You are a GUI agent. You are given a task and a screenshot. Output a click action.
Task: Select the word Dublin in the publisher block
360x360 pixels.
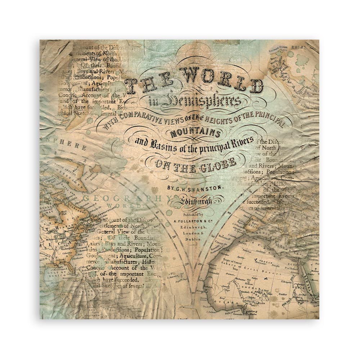(192, 239)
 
